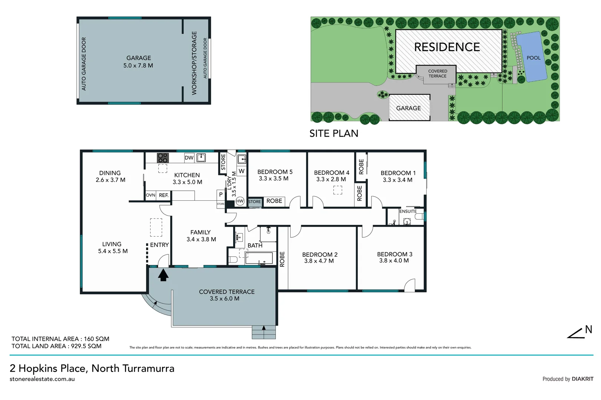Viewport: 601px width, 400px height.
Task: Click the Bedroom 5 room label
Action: (x=275, y=172)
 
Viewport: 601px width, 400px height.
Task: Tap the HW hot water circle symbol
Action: (x=240, y=201)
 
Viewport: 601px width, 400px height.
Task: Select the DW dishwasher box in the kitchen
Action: (x=189, y=158)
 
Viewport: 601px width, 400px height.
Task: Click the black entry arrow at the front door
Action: (x=163, y=275)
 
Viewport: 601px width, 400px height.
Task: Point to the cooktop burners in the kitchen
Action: (x=163, y=158)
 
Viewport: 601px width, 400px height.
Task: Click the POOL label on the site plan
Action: (x=533, y=58)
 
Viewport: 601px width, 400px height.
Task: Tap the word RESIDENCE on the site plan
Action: (x=447, y=47)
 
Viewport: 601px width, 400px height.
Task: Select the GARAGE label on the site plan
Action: (x=408, y=108)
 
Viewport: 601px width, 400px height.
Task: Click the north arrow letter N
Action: (x=588, y=329)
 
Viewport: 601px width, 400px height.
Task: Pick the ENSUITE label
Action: (x=408, y=211)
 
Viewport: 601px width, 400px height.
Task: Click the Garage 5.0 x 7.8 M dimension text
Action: (x=138, y=66)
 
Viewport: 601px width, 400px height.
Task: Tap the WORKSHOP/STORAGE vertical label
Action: (x=194, y=63)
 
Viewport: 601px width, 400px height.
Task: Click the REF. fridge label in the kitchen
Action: (x=164, y=195)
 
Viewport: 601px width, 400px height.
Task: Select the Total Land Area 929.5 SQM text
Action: (x=56, y=346)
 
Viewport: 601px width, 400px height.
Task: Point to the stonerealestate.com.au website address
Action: (x=42, y=379)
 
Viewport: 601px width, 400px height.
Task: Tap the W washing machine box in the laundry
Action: (x=241, y=171)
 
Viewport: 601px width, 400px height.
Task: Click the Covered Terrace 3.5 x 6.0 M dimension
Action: (x=224, y=299)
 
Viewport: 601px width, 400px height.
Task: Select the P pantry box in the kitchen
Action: (x=221, y=194)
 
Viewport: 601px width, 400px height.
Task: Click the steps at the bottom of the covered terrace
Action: (x=264, y=332)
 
